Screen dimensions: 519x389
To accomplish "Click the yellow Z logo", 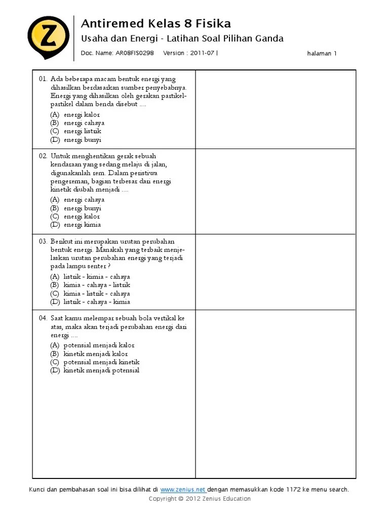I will coord(48,37).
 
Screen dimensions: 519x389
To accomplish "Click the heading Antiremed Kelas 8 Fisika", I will coord(156,23).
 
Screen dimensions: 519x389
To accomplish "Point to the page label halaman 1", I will coord(322,53).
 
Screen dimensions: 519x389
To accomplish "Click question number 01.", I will coord(43,79).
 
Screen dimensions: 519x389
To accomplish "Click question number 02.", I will coord(43,156).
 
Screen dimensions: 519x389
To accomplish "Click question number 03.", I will coord(43,242).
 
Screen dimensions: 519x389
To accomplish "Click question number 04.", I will coord(43,318).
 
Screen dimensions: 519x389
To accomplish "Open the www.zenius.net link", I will coord(183,490).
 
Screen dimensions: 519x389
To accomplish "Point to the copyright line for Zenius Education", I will coord(200,499).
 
